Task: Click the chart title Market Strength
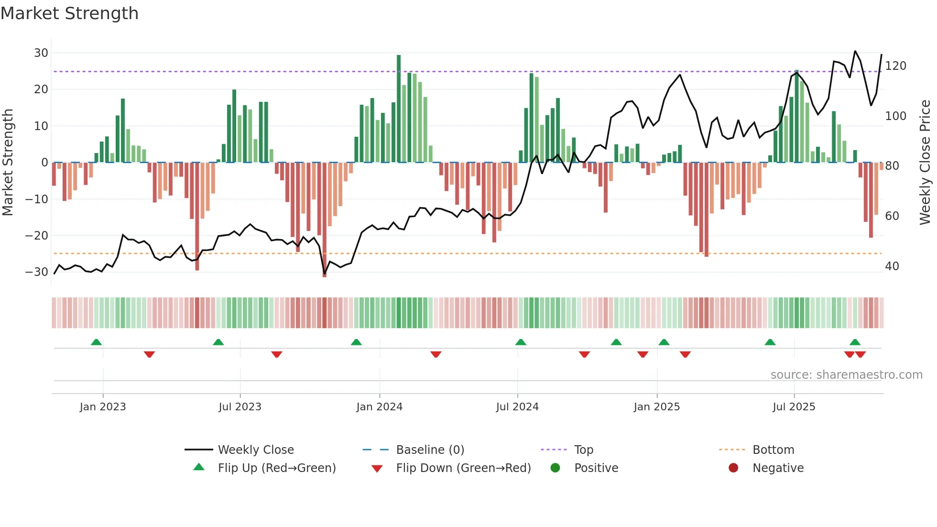(x=69, y=13)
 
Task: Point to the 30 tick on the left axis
(x=41, y=53)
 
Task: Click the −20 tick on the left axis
(x=37, y=235)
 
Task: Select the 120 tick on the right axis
(x=895, y=66)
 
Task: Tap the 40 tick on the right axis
(x=892, y=266)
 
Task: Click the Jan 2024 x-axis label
(x=379, y=407)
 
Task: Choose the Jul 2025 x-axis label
(x=794, y=407)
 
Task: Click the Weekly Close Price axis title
(x=925, y=163)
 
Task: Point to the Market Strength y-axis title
(x=8, y=163)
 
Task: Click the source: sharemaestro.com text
(x=846, y=375)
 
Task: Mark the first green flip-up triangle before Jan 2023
(x=96, y=342)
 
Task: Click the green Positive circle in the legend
(x=555, y=468)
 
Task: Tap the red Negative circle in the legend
(x=733, y=468)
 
